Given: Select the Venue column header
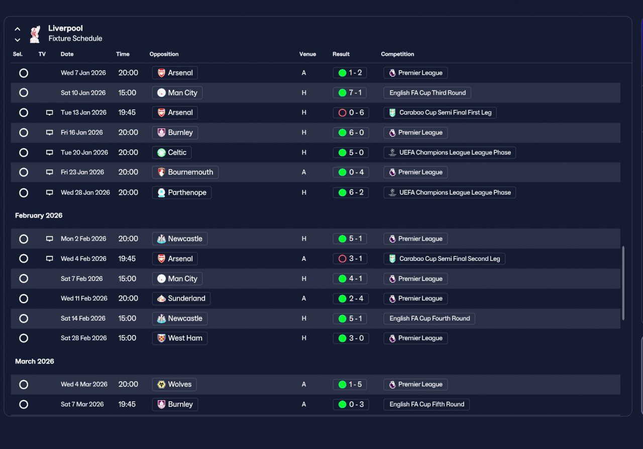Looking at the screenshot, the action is pyautogui.click(x=307, y=54).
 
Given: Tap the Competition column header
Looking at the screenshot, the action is pyautogui.click(x=397, y=54).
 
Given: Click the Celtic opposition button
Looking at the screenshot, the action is pyautogui.click(x=172, y=153).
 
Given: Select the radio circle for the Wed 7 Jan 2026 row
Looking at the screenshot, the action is pyautogui.click(x=24, y=73).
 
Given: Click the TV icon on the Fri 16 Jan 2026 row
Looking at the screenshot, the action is pyautogui.click(x=49, y=132).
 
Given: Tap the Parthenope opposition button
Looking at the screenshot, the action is pyautogui.click(x=182, y=192).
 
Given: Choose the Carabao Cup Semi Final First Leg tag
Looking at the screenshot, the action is pyautogui.click(x=440, y=113).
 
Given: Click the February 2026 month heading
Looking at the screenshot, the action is pyautogui.click(x=39, y=216).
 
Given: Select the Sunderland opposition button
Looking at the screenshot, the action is pyautogui.click(x=181, y=298).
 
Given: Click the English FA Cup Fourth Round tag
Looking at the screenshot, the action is pyautogui.click(x=429, y=319).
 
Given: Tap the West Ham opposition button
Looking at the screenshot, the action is pyautogui.click(x=180, y=338).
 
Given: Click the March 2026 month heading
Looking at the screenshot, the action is pyautogui.click(x=35, y=361).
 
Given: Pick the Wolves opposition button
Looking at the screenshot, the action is pyautogui.click(x=174, y=384).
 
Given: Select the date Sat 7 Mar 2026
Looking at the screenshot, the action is pyautogui.click(x=82, y=404).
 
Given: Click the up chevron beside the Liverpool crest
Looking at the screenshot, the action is pyautogui.click(x=18, y=29).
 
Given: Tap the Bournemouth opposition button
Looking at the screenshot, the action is pyautogui.click(x=185, y=172).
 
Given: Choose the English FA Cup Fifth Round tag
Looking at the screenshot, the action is pyautogui.click(x=426, y=404).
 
